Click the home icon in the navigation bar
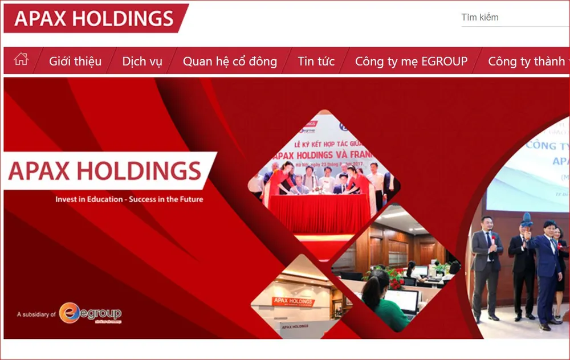(x=21, y=59)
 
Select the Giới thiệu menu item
(x=75, y=62)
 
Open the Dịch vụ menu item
(x=142, y=62)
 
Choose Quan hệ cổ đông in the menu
(x=230, y=62)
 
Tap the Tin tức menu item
(x=316, y=62)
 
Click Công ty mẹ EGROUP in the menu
(x=411, y=62)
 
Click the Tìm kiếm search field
(x=513, y=17)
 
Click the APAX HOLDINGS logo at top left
(x=94, y=18)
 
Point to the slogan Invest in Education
(x=129, y=199)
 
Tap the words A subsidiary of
(x=36, y=314)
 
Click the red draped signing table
(x=319, y=214)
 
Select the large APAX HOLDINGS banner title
(x=105, y=171)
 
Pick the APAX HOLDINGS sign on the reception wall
(x=293, y=301)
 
